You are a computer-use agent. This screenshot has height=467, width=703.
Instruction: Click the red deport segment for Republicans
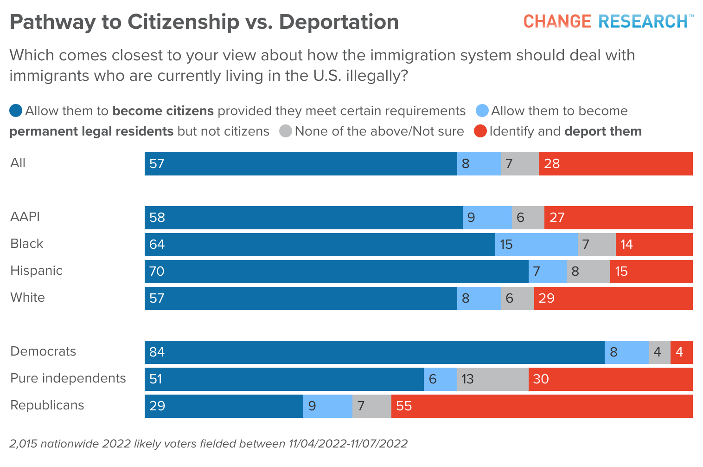(542, 406)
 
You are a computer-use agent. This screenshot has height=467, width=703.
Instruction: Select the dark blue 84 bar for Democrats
(374, 352)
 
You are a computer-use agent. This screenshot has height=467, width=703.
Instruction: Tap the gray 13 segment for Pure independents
(492, 379)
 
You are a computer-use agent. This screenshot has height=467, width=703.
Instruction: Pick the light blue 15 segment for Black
(536, 245)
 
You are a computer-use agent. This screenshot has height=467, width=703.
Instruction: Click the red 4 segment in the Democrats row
(681, 352)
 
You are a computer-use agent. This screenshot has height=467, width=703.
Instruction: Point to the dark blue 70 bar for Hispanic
(336, 272)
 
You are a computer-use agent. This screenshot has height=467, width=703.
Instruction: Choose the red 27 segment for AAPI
(618, 218)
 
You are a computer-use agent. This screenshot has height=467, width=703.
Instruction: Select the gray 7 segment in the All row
(519, 164)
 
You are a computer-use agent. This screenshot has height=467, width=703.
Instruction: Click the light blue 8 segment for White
(479, 298)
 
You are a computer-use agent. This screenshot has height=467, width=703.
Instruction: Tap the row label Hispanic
(36, 271)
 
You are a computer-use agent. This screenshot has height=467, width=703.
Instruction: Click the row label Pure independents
(68, 378)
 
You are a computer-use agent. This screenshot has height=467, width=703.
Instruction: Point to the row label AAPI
(25, 217)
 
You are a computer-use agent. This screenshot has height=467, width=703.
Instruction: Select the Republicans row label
(47, 405)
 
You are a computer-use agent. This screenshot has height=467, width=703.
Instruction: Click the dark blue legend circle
(16, 111)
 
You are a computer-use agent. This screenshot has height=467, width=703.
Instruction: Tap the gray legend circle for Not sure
(286, 131)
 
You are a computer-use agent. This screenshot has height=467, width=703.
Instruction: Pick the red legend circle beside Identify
(480, 131)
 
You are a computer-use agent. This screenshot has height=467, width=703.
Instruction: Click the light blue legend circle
(482, 111)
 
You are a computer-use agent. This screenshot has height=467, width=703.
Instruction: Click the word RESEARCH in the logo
(643, 21)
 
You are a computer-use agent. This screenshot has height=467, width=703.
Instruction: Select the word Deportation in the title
(339, 22)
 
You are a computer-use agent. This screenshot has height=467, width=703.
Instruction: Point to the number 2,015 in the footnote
(23, 444)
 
